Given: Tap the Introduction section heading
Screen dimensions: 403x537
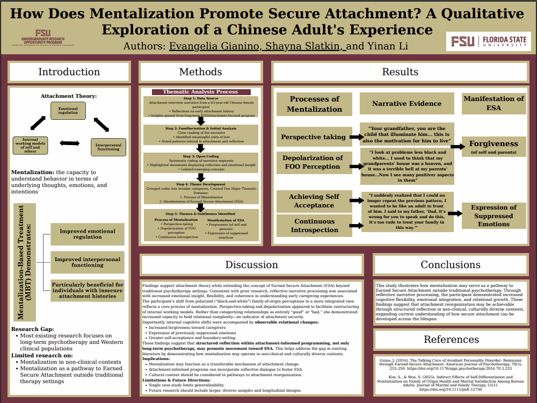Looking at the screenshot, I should pyautogui.click(x=69, y=72).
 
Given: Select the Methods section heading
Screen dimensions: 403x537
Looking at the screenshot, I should pyautogui.click(x=200, y=72).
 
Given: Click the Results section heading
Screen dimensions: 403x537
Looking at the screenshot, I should pyautogui.click(x=400, y=72).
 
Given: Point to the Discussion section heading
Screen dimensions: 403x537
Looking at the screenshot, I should pyautogui.click(x=251, y=264).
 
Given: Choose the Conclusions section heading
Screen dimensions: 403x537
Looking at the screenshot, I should pyautogui.click(x=451, y=264).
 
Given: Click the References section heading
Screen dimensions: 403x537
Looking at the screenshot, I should pyautogui.click(x=451, y=339).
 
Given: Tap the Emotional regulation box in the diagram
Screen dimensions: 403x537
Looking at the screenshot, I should pyautogui.click(x=68, y=111).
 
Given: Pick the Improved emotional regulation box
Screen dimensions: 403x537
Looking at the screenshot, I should pyautogui.click(x=88, y=234).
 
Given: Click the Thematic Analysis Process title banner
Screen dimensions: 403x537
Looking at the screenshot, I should pyautogui.click(x=200, y=92).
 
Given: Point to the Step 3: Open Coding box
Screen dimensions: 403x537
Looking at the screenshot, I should pyautogui.click(x=200, y=162).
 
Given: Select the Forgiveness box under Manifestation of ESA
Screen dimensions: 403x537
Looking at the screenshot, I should pyautogui.click(x=494, y=147).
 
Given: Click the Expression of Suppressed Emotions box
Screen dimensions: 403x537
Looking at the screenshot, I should pyautogui.click(x=494, y=215).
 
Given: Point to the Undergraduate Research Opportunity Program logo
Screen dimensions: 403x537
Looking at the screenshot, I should pyautogui.click(x=48, y=38).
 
